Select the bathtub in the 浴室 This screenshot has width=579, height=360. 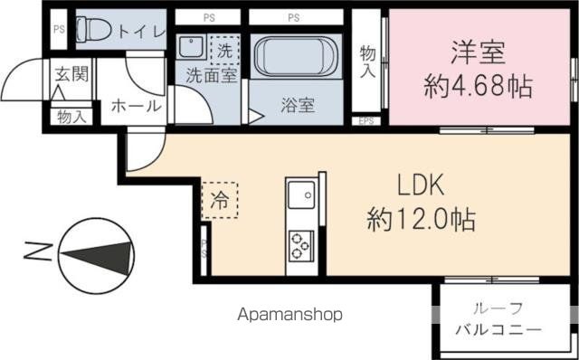pos(295,58)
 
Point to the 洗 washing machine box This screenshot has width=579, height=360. pos(223,49)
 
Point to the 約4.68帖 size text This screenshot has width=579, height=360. pos(478,87)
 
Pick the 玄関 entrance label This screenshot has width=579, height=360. pos(70,74)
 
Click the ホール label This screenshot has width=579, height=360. pos(136,106)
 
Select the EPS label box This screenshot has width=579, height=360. pos(366,120)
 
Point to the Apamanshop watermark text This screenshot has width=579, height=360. pos(290,315)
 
